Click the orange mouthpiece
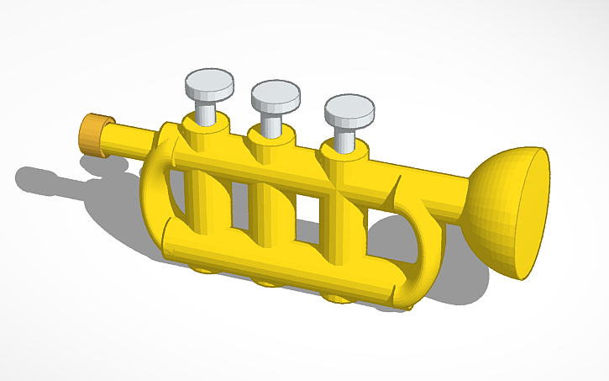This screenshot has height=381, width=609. pos(94,134)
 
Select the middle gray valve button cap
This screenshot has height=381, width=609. pos(275,95)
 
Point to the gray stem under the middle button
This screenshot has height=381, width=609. pos(270,123)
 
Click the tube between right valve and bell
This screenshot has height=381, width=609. pos(428,189)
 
